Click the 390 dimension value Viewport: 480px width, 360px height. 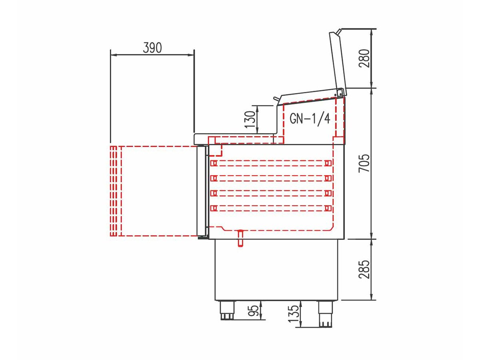[x=152, y=48]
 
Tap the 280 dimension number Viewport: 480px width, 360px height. [x=364, y=58]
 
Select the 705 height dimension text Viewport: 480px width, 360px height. [x=364, y=164]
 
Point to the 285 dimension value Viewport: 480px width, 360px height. [x=364, y=269]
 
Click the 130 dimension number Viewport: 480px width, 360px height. [x=250, y=119]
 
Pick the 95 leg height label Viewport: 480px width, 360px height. [x=253, y=311]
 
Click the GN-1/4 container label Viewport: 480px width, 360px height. [x=310, y=119]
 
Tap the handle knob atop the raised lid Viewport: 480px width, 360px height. [x=339, y=32]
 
